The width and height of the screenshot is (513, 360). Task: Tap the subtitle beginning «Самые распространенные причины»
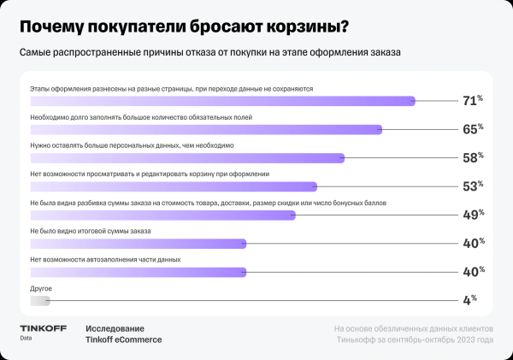(x=210, y=53)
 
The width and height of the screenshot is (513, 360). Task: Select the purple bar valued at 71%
(x=222, y=101)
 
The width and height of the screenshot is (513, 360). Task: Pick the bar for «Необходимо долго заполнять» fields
(x=205, y=129)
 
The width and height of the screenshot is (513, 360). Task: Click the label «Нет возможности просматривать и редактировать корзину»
(x=150, y=174)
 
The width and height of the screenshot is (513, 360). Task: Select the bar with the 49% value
(x=162, y=215)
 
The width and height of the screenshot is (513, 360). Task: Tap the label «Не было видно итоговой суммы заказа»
(x=91, y=231)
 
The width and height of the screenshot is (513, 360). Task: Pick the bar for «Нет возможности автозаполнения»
(x=138, y=272)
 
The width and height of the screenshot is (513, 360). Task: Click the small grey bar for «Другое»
(x=40, y=300)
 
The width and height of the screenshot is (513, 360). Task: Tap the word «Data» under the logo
(x=27, y=339)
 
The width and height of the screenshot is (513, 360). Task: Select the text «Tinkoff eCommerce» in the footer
(x=123, y=339)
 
